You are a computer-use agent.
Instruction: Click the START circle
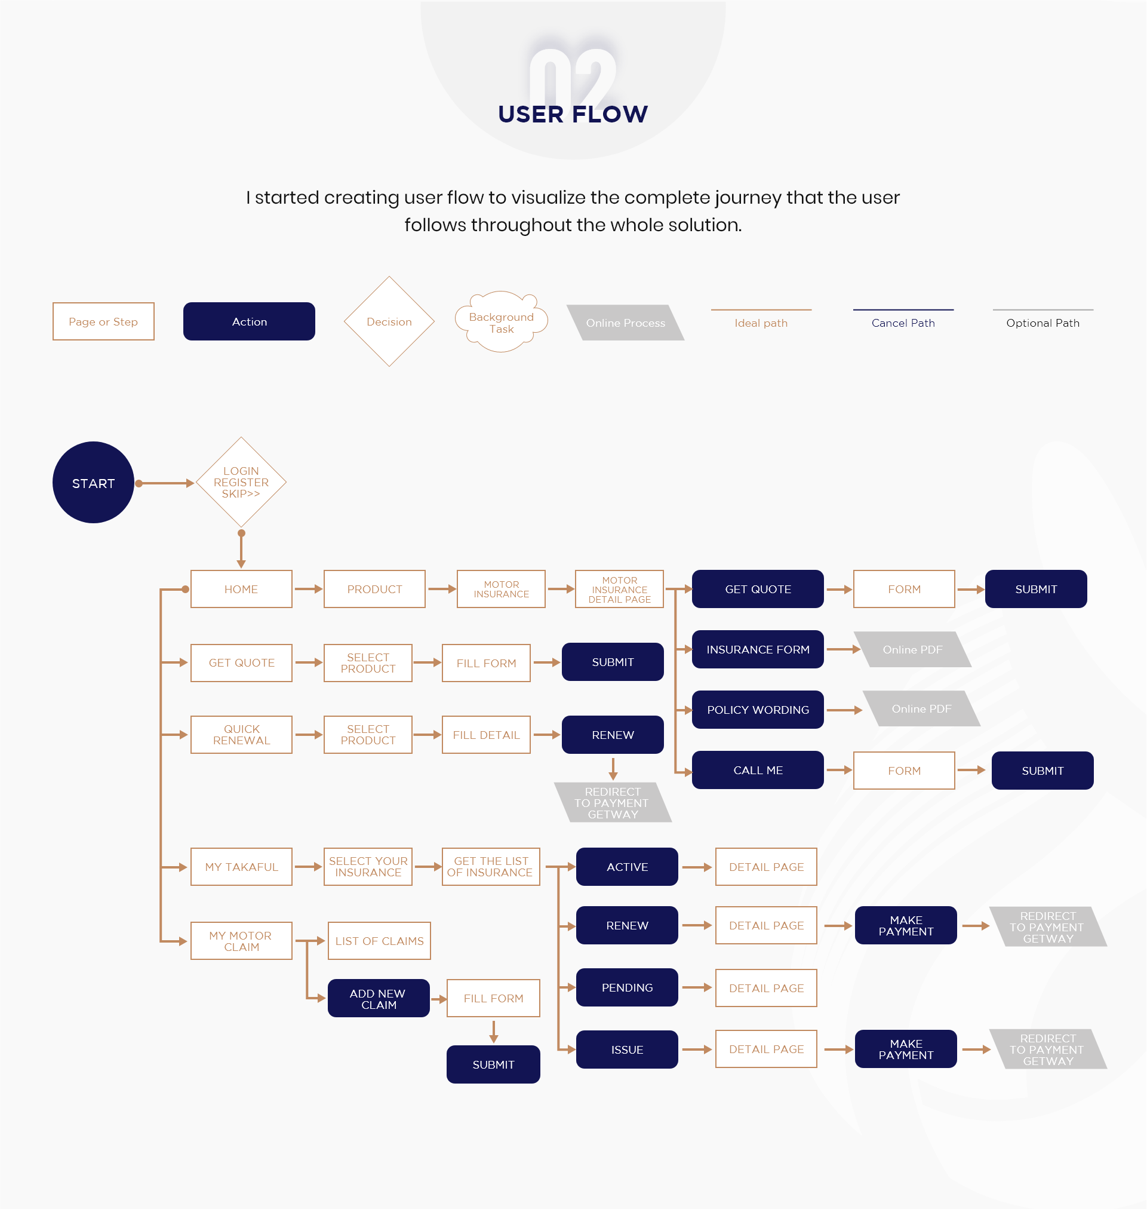click(93, 483)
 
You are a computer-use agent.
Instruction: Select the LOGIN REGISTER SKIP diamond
click(241, 483)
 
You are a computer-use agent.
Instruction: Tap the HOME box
click(241, 589)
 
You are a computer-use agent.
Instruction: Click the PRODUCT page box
click(374, 589)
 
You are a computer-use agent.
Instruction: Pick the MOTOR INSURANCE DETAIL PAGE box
click(619, 589)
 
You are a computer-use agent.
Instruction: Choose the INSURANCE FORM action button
click(758, 649)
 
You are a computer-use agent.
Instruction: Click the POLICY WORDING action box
click(758, 710)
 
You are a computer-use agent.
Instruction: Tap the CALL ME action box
click(758, 770)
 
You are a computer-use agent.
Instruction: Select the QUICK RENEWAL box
click(241, 735)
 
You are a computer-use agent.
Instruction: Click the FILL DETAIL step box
click(486, 735)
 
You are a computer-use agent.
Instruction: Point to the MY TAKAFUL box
click(241, 867)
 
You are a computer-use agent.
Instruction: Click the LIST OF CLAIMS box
click(379, 941)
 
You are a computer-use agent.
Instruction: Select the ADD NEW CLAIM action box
click(379, 998)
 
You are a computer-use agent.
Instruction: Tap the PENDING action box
click(627, 987)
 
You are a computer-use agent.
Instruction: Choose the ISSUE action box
click(627, 1050)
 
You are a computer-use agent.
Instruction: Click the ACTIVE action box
click(627, 867)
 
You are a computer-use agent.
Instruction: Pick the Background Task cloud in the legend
click(501, 322)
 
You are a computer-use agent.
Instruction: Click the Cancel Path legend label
click(903, 323)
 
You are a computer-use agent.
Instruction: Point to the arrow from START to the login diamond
click(164, 483)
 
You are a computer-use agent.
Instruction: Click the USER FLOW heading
click(573, 113)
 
